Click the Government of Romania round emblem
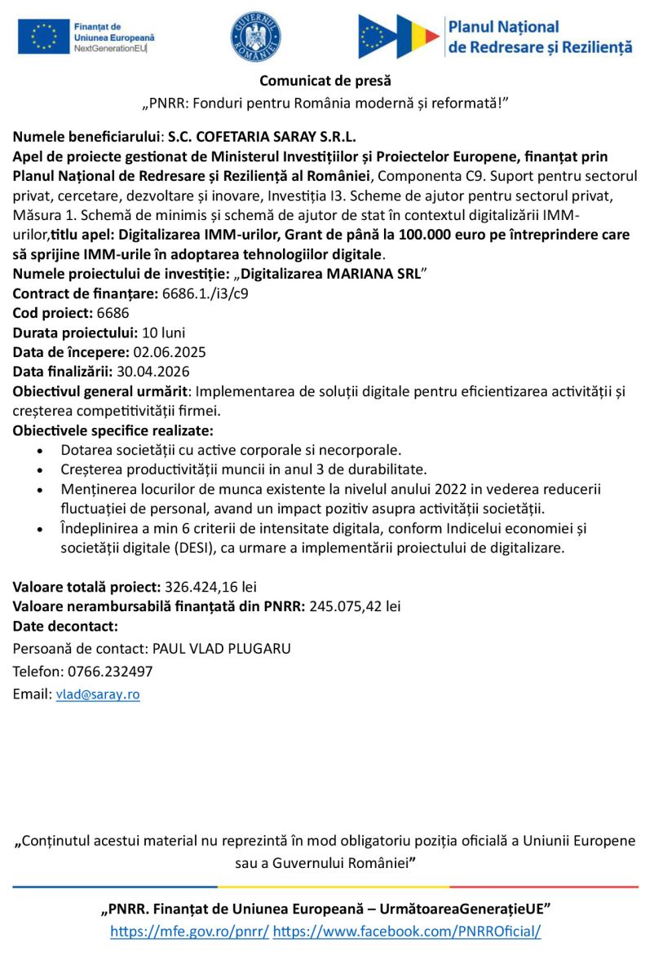point(255,37)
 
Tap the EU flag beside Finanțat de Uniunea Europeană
point(43,37)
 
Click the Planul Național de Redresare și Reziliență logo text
point(540,37)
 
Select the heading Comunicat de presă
point(325,81)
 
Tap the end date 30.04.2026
point(153,372)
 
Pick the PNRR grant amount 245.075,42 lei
point(355,606)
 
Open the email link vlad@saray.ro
point(98,694)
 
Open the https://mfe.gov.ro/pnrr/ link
point(189,931)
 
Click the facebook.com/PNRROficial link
point(407,931)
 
